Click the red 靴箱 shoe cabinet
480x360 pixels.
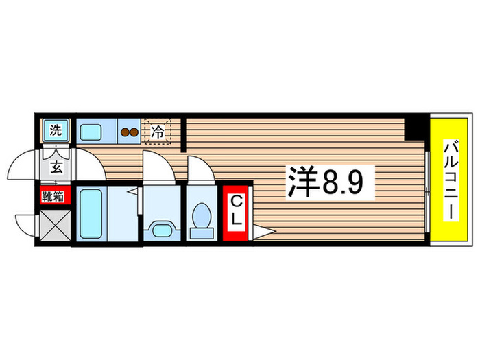(x=54, y=197)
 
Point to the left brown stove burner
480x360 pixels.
(x=125, y=132)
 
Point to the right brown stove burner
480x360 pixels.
(x=134, y=132)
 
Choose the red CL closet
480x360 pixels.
(x=235, y=211)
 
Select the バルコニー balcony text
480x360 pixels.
(x=451, y=180)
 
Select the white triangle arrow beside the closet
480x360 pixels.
(x=264, y=233)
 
